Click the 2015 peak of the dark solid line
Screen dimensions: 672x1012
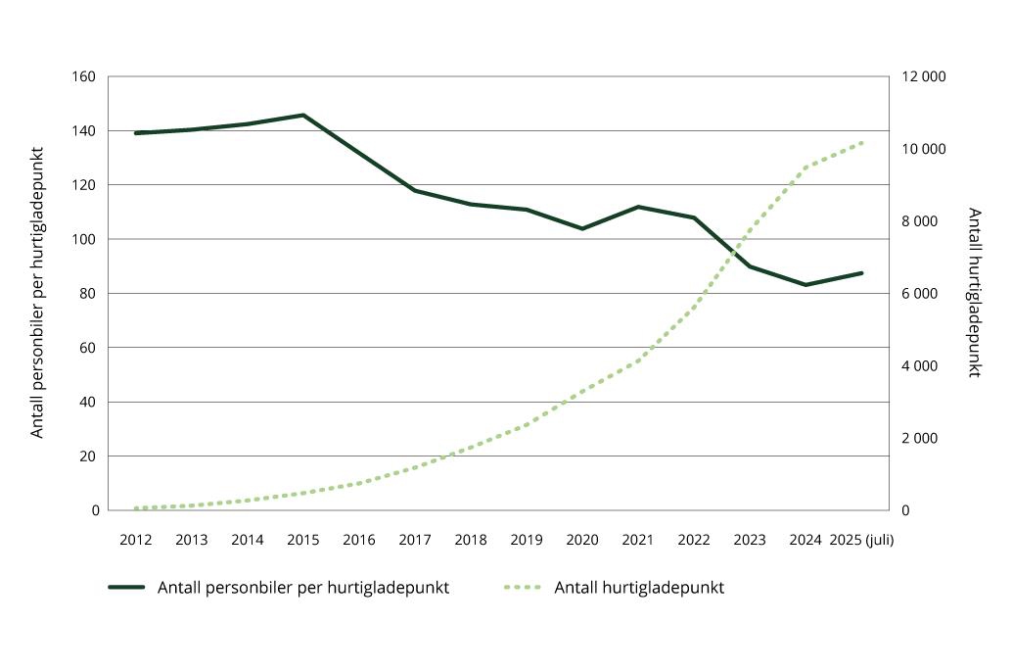(x=303, y=115)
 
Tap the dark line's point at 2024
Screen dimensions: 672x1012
(x=806, y=285)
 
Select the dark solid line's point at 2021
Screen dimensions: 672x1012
(x=638, y=207)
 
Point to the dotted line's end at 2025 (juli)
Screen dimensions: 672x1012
(x=862, y=142)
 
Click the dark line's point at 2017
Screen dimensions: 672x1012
(x=415, y=191)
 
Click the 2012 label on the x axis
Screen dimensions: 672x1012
(x=135, y=540)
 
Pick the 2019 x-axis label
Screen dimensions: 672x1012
(x=527, y=540)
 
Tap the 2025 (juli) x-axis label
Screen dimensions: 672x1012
(x=861, y=540)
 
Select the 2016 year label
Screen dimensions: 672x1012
(x=359, y=540)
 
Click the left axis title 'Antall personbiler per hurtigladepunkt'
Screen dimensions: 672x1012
(x=38, y=292)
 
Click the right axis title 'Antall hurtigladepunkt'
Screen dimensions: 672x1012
(x=974, y=292)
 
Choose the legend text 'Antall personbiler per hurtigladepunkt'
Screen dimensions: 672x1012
(x=302, y=588)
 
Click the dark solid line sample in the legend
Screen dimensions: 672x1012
(x=126, y=588)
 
